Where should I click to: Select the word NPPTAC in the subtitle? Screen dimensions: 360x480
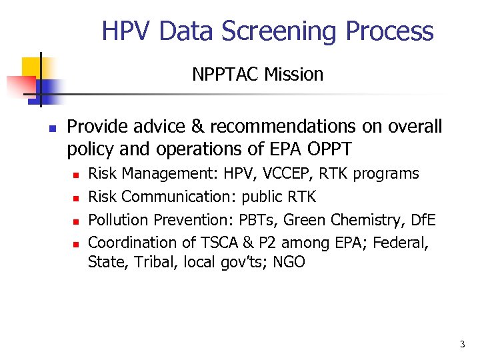[x=225, y=74]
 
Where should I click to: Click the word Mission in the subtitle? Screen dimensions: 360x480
[x=293, y=74]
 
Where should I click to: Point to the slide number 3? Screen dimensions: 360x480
[x=462, y=345]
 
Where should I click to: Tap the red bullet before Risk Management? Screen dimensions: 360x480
[x=77, y=175]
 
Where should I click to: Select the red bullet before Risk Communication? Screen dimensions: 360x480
[x=77, y=198]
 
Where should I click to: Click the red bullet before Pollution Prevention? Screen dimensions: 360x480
[x=77, y=221]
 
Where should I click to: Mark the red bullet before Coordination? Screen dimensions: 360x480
[x=77, y=243]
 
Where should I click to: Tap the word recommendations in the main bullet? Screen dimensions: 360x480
[x=267, y=127]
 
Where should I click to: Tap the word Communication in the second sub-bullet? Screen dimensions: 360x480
[x=179, y=197]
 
